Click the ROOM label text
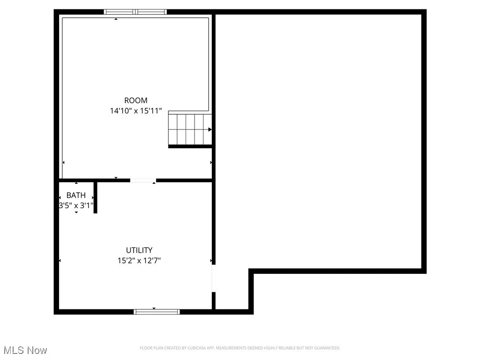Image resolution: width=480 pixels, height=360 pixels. tap(135, 100)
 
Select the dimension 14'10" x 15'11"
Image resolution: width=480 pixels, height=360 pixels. tap(135, 111)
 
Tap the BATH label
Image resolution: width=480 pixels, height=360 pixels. tap(76, 195)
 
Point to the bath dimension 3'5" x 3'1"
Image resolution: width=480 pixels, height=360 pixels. tap(76, 205)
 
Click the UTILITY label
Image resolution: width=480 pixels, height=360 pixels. tap(139, 250)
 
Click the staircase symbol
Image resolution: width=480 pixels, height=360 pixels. tap(189, 129)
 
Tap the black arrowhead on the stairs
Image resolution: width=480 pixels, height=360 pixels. tap(210, 129)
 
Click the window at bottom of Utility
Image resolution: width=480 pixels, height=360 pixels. tap(157, 311)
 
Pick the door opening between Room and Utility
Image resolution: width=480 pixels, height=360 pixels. tap(142, 180)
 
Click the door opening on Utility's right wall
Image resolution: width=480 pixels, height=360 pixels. tap(213, 279)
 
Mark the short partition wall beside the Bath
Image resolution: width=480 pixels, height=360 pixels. tap(95, 197)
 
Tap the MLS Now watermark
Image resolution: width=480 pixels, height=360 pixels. tap(25, 350)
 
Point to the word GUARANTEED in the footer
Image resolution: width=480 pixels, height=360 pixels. tap(327, 348)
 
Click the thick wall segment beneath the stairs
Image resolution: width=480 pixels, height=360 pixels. tap(190, 146)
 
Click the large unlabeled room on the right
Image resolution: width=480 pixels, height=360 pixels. tap(319, 141)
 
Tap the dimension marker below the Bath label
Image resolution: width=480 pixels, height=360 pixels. tap(76, 212)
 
